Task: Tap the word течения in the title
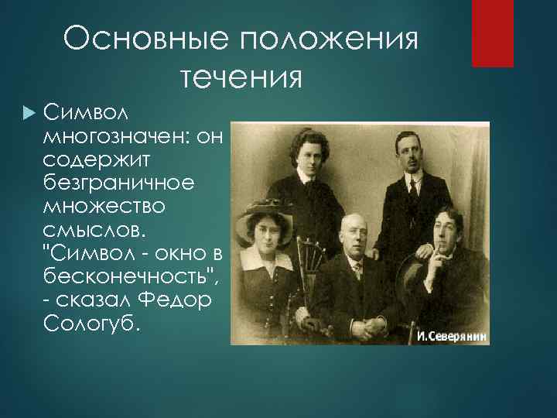pos(241,77)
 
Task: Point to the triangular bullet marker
pos(29,115)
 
